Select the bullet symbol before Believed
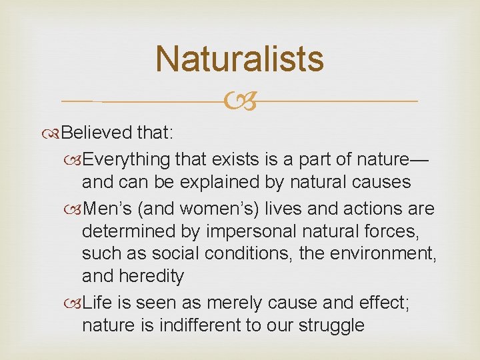tap(54, 133)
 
